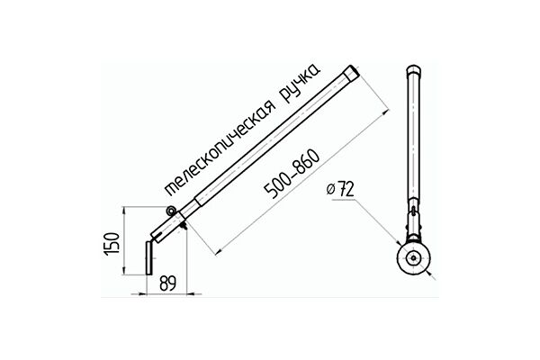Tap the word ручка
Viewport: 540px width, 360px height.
tap(301, 84)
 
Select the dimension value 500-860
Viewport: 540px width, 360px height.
tap(292, 174)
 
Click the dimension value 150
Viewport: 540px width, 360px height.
tap(112, 244)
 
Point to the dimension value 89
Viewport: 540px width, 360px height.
tap(167, 283)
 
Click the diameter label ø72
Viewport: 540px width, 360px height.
tap(340, 189)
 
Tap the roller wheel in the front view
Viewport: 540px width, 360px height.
tap(413, 258)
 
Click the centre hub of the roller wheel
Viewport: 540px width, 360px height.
tap(413, 258)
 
